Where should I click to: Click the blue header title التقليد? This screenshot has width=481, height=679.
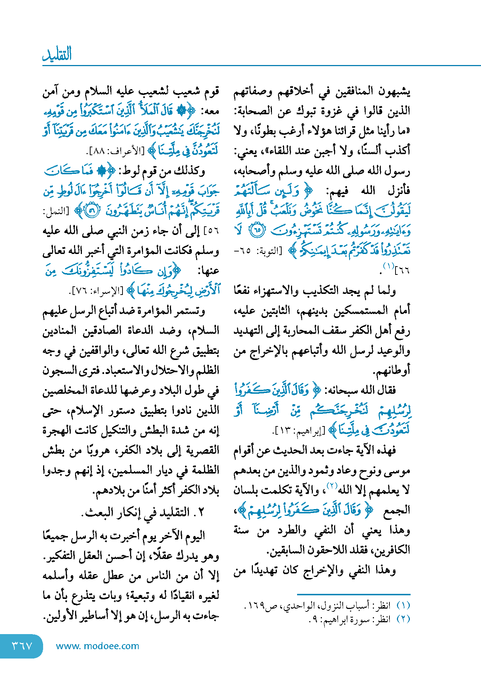[57, 54]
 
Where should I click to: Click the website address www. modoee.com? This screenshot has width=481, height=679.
[97, 646]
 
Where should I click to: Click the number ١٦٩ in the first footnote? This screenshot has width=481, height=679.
[256, 606]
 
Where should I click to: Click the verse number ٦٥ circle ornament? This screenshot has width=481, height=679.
[256, 230]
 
